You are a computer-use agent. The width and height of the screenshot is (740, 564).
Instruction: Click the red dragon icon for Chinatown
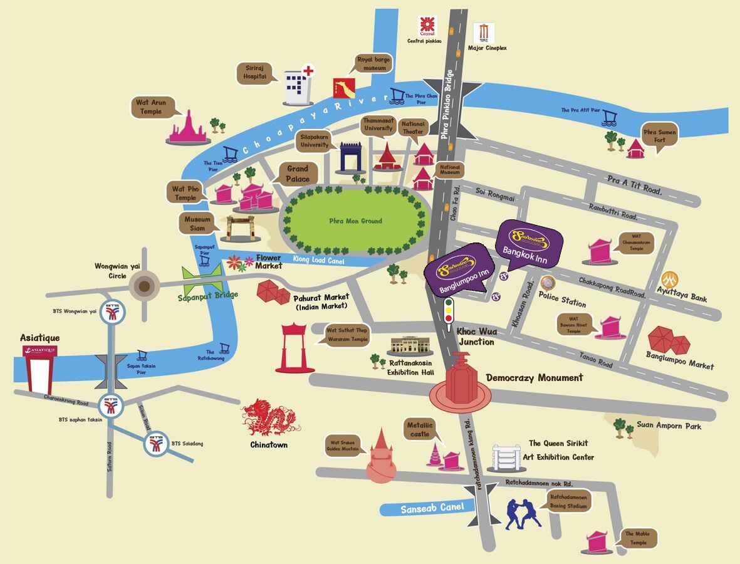tap(271, 418)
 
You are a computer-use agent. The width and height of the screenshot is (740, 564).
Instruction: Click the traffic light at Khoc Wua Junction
tap(449, 311)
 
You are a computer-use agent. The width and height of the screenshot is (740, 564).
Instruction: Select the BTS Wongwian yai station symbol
tap(112, 313)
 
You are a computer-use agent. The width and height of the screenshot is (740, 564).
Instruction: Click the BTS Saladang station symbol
tap(155, 444)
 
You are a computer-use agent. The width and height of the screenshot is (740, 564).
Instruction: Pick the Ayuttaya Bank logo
tap(671, 279)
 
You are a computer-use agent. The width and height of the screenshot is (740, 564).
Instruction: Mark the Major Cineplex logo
tap(483, 33)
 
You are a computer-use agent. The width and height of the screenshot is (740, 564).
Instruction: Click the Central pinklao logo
tap(427, 26)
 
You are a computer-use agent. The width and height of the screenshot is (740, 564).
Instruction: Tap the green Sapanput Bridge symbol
tap(202, 278)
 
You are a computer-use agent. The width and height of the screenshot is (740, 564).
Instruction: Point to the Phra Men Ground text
tap(355, 221)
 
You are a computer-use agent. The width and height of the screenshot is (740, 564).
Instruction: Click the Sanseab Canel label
tap(424, 508)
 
